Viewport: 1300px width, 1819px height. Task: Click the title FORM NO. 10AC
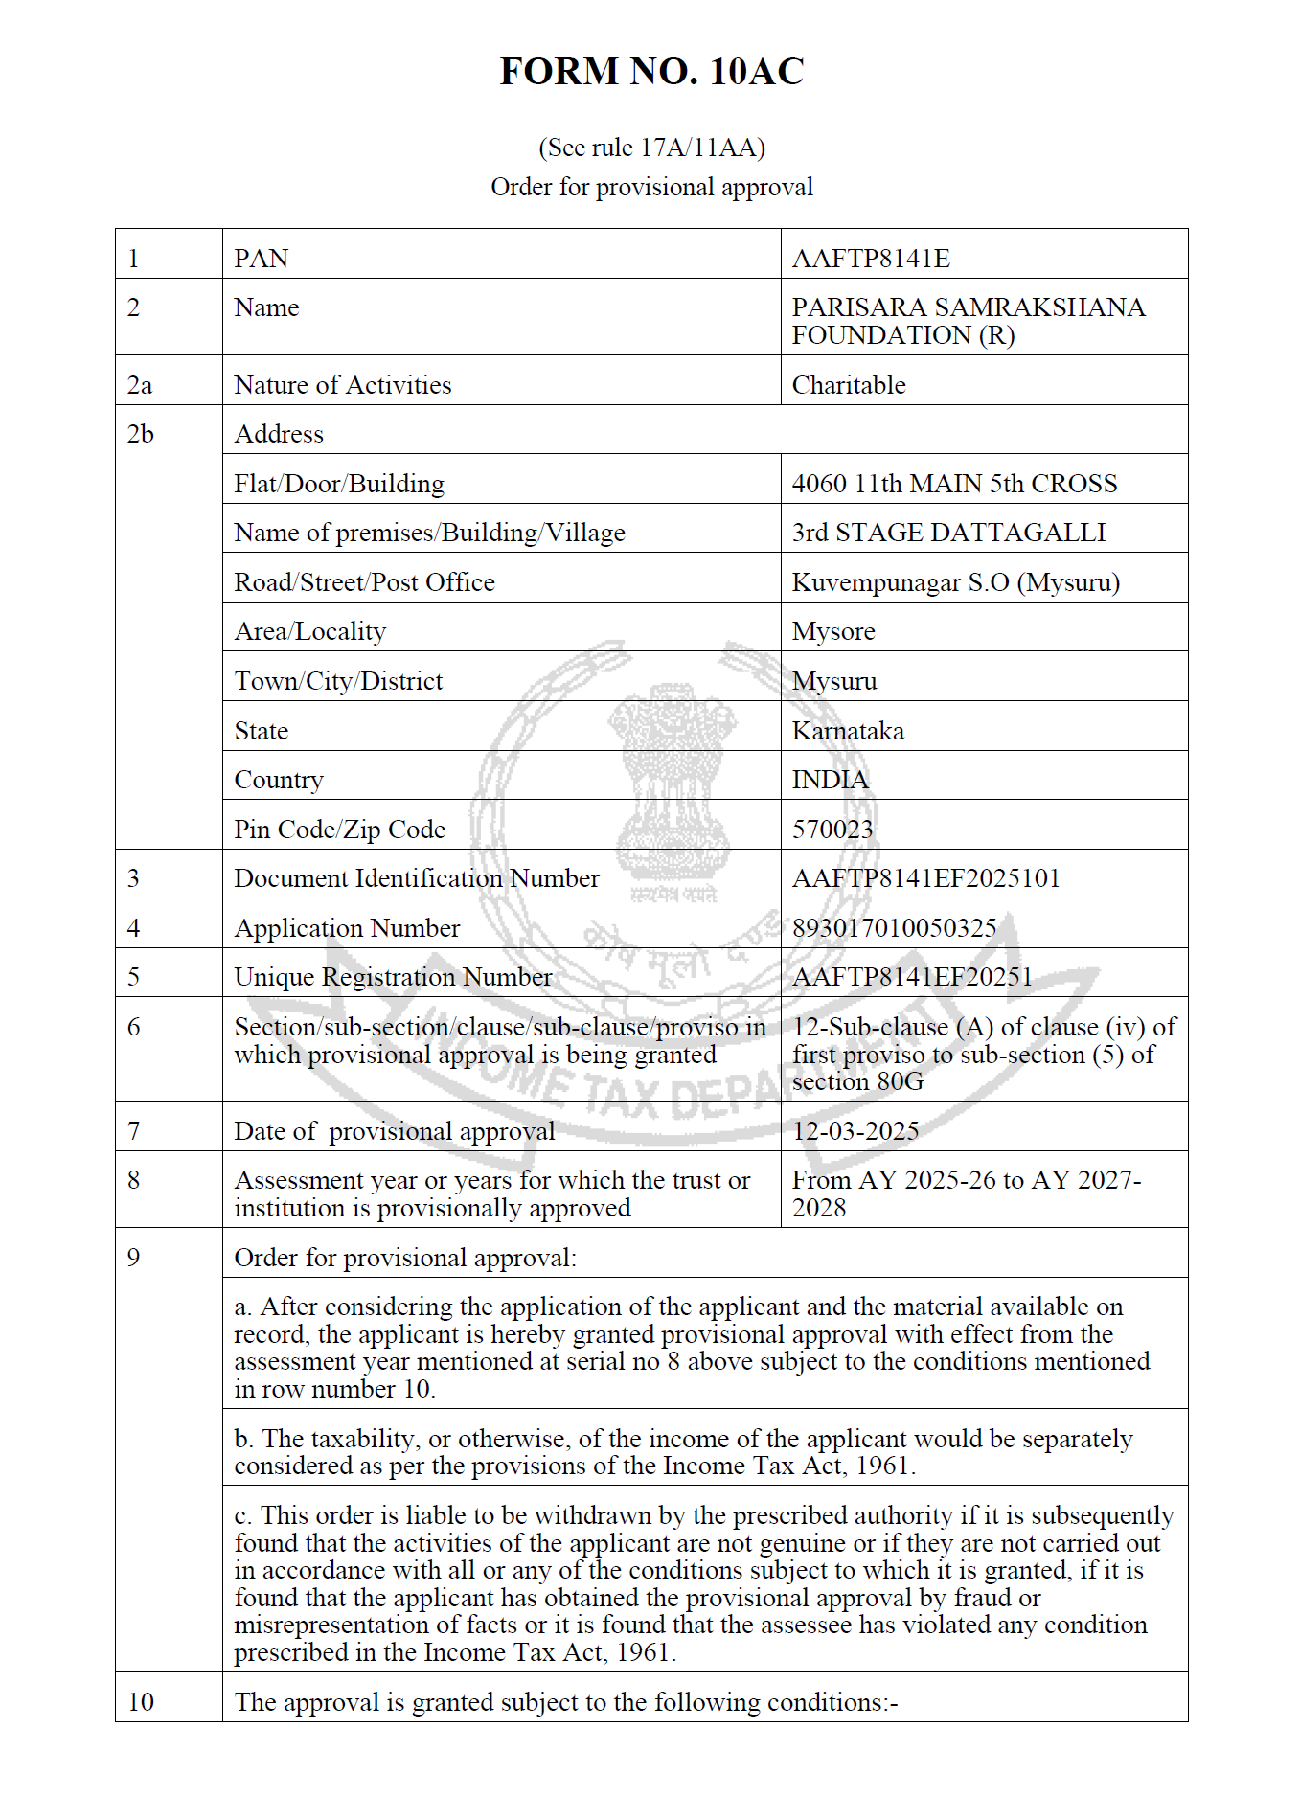[651, 72]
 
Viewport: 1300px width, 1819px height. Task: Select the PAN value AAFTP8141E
[870, 259]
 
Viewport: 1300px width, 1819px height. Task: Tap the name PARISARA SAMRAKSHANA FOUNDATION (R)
[968, 321]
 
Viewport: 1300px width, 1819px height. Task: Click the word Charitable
[848, 385]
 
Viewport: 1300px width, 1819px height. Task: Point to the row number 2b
[140, 434]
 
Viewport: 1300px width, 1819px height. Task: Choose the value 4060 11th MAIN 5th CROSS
[954, 484]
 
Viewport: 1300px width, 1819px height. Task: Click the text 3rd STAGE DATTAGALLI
[948, 533]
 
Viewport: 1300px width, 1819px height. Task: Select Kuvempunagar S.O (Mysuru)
[955, 582]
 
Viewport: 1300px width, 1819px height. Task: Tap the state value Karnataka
[848, 731]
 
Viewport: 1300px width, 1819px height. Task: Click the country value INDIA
[830, 780]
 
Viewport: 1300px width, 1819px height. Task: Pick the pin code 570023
[832, 830]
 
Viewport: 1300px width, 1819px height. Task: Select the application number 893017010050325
[894, 928]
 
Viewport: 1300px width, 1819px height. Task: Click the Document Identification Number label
[417, 878]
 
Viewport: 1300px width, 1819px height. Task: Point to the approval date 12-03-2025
[855, 1131]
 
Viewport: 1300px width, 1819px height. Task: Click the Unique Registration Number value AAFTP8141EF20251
[912, 977]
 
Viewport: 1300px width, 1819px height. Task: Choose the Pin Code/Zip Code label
[339, 830]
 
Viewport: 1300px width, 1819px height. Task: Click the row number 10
[140, 1702]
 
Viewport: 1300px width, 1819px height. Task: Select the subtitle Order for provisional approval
[651, 187]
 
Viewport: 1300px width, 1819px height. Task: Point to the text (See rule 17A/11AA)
[651, 148]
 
